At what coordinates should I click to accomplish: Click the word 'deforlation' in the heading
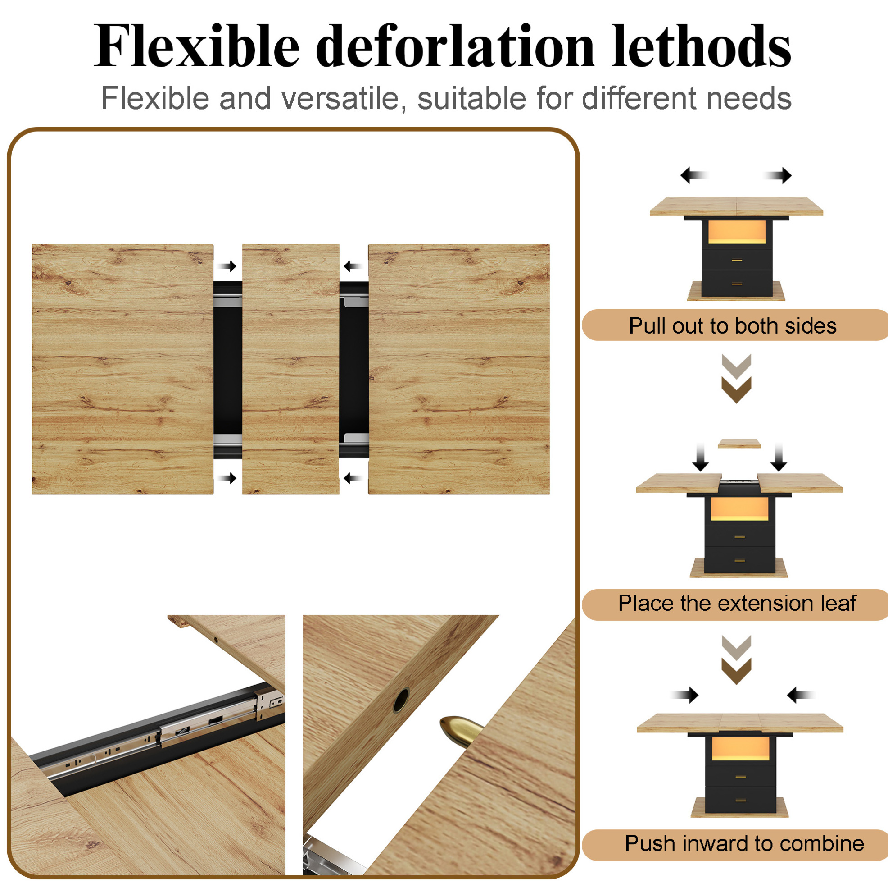coord(454,46)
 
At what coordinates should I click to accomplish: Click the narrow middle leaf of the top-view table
coord(290,369)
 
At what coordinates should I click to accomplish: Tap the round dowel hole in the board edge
coord(401,701)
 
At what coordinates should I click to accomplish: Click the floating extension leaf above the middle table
coord(739,444)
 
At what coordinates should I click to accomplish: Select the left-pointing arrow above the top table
coord(694,175)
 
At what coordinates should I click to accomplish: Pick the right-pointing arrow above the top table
coord(778,175)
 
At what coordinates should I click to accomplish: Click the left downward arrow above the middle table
coord(701,457)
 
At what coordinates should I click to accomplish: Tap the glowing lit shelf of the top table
coord(737,232)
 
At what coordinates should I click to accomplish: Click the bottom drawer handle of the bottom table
coord(740,813)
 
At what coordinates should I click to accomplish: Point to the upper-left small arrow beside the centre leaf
coord(227,266)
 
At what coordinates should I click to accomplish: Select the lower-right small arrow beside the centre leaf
coord(353,478)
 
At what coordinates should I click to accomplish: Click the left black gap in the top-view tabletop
coord(227,370)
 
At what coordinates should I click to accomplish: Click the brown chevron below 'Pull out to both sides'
coord(736,389)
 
